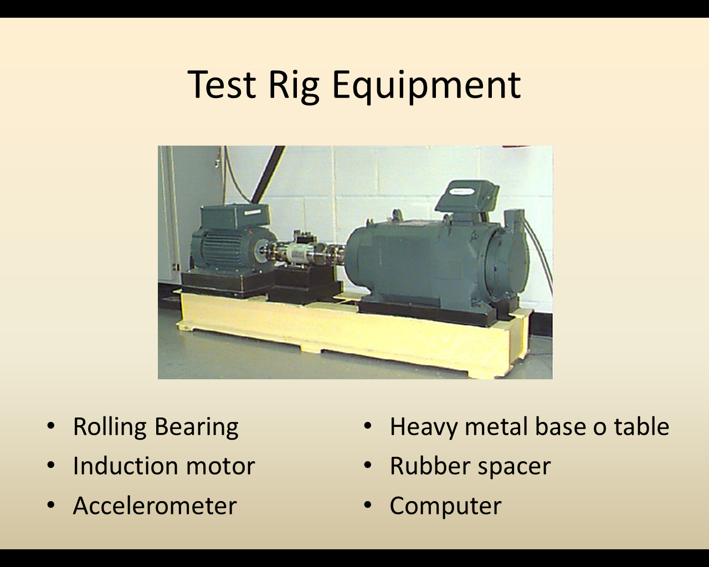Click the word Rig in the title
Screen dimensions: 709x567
(294, 87)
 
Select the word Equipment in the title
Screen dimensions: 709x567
(427, 87)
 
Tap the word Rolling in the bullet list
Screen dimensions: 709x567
(110, 427)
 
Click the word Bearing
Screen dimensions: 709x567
(196, 427)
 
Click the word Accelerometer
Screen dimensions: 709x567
(155, 506)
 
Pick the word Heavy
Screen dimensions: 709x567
(424, 427)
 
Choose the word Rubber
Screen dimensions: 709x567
(430, 466)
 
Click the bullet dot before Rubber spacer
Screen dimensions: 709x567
(368, 465)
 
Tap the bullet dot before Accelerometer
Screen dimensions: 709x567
(51, 505)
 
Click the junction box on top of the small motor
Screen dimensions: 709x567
(235, 215)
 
